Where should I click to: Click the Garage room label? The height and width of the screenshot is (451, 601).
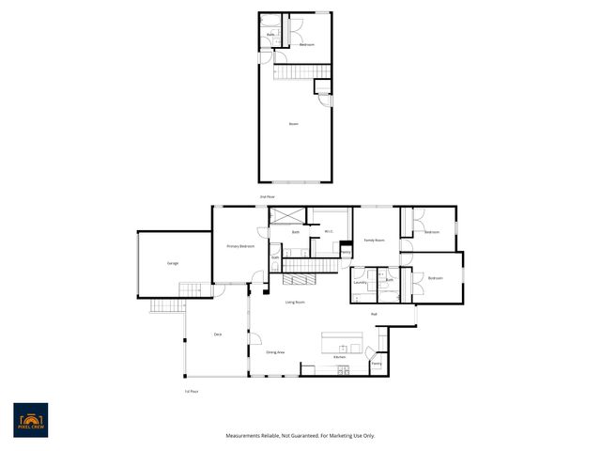[173, 263]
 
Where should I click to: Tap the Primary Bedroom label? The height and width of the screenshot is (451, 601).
[241, 246]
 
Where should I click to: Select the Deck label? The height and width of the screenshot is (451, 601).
[217, 334]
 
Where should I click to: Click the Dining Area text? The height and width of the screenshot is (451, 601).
[275, 351]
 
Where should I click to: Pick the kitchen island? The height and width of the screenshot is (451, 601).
[342, 339]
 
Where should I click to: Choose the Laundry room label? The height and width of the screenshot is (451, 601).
[360, 281]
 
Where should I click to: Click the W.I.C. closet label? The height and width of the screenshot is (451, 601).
[329, 231]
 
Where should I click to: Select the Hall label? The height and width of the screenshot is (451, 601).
[374, 314]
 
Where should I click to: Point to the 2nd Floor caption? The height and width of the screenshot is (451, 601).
[268, 196]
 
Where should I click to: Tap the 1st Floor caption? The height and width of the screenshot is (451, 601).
[192, 391]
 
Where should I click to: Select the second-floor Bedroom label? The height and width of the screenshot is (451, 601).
[306, 45]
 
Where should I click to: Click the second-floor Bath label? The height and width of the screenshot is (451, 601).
[270, 35]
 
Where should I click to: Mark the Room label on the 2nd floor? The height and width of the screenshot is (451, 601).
[294, 123]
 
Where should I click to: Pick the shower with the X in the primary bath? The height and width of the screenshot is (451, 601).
[284, 216]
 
